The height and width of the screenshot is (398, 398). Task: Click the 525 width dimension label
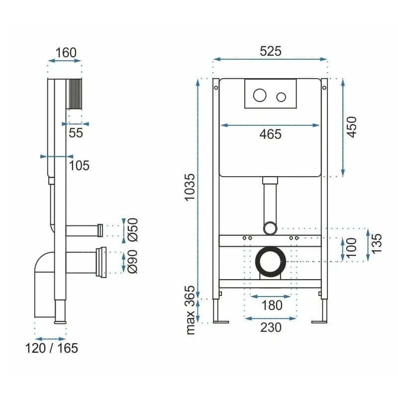[271, 51]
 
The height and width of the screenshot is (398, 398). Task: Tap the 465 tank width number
[271, 134]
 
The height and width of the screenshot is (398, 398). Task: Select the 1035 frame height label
[190, 188]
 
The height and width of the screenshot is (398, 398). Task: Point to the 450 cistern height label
[352, 127]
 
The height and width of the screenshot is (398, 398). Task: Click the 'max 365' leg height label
[190, 310]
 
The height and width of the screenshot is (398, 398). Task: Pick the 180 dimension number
[272, 305]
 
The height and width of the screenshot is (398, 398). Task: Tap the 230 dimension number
[271, 327]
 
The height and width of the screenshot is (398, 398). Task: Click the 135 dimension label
[377, 243]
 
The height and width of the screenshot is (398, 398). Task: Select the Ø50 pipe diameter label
[133, 230]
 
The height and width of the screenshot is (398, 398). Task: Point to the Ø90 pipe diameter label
[133, 262]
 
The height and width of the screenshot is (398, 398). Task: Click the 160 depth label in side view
[66, 53]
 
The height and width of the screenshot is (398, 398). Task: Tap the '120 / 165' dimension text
[52, 348]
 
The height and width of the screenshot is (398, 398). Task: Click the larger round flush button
[260, 95]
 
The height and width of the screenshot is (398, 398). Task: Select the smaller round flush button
[281, 97]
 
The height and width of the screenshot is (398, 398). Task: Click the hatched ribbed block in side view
[74, 94]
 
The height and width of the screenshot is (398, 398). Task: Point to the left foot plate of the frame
[221, 322]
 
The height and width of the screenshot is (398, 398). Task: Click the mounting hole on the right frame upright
[324, 88]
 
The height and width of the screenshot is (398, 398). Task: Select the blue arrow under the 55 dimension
[76, 124]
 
